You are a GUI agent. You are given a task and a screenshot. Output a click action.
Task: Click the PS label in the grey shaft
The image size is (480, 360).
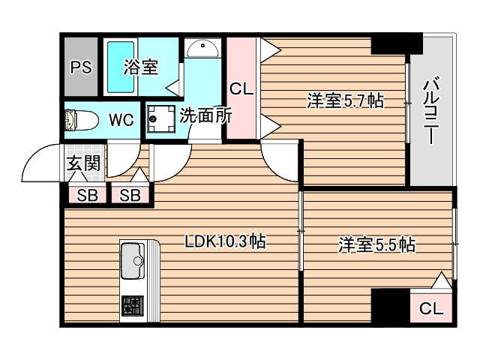80,67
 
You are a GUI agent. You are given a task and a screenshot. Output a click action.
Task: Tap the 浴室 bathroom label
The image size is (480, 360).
140,67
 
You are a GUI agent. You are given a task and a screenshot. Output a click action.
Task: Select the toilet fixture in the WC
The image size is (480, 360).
80,120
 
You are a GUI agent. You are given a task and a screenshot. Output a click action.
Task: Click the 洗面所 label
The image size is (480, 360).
205,116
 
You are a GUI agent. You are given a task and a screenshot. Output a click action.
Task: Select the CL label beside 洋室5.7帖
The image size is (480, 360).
241,88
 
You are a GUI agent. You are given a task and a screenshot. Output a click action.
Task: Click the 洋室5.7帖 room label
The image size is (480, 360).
344,100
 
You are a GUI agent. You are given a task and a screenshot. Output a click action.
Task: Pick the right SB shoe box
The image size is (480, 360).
130,196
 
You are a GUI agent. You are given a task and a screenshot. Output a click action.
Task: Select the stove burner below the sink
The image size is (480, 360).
132,306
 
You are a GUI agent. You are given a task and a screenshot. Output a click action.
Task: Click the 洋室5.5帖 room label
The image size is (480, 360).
376,244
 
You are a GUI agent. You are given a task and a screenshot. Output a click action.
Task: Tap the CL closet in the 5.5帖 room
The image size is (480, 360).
430,307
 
